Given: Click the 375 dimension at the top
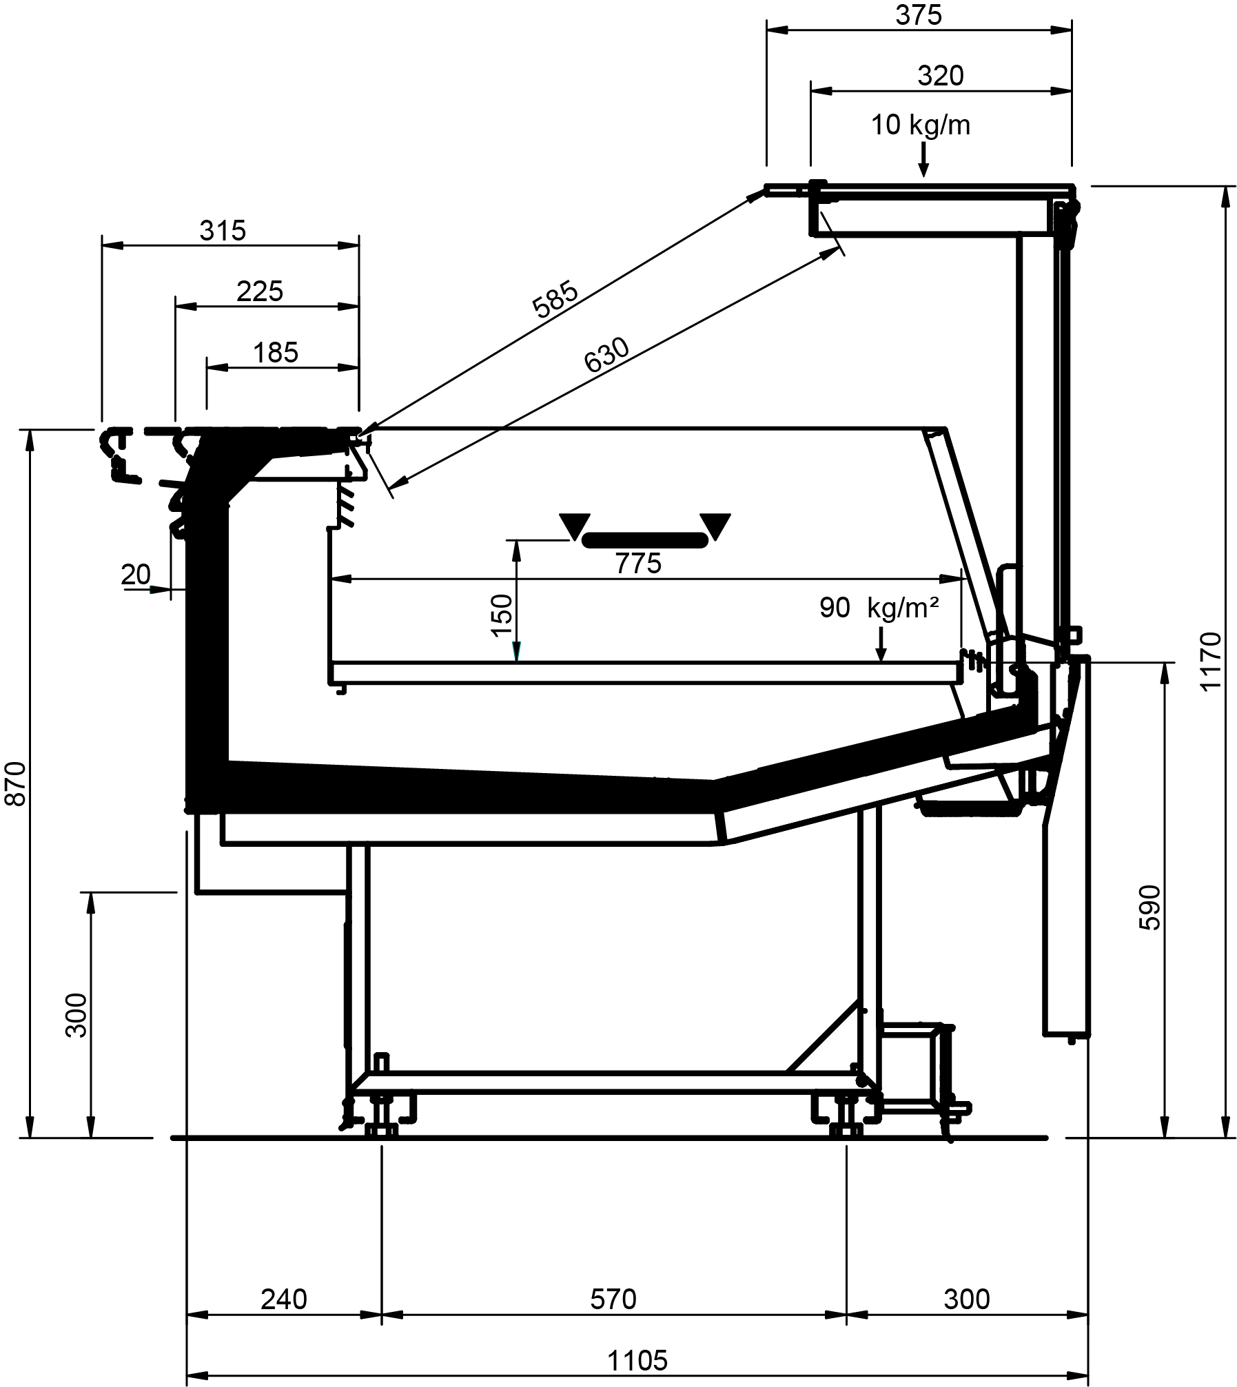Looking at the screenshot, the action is [x=918, y=15].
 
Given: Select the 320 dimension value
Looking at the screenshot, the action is [x=940, y=76].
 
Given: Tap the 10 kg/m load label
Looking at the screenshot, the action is [x=921, y=125].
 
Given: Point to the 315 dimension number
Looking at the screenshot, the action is [x=223, y=231].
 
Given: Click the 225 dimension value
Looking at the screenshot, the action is [x=260, y=291].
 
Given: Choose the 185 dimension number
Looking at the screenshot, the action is [x=276, y=353].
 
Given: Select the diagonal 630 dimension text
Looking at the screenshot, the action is [x=606, y=355].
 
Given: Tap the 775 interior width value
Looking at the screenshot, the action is [x=639, y=564].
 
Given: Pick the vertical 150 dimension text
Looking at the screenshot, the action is [x=502, y=615].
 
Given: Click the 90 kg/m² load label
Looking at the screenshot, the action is [x=879, y=608].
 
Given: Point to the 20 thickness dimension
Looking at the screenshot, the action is [x=136, y=574].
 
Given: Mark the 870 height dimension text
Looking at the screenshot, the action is [x=15, y=783].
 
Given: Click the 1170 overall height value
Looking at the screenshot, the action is [x=1210, y=661].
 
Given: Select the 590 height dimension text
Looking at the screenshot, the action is [x=1149, y=907].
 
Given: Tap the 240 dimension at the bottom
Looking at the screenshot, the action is [x=283, y=1299].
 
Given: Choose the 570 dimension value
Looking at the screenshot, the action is [x=613, y=1299].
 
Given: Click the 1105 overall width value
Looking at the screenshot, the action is [x=637, y=1360].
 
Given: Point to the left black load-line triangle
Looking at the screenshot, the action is [x=575, y=526].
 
